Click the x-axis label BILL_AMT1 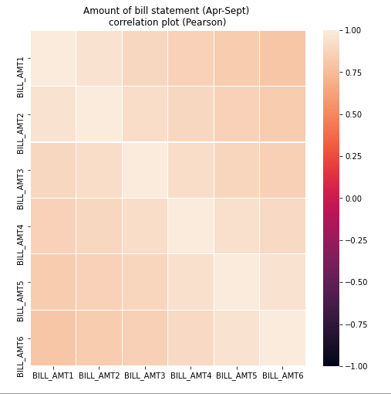tap(53, 375)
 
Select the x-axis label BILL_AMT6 tap(282, 375)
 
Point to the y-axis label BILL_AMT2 tap(21, 114)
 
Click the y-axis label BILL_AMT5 tap(21, 282)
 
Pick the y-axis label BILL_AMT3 tap(21, 170)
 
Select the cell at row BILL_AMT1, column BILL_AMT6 tap(282, 59)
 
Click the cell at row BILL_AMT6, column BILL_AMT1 tap(53, 338)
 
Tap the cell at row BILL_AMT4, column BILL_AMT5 tap(237, 226)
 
